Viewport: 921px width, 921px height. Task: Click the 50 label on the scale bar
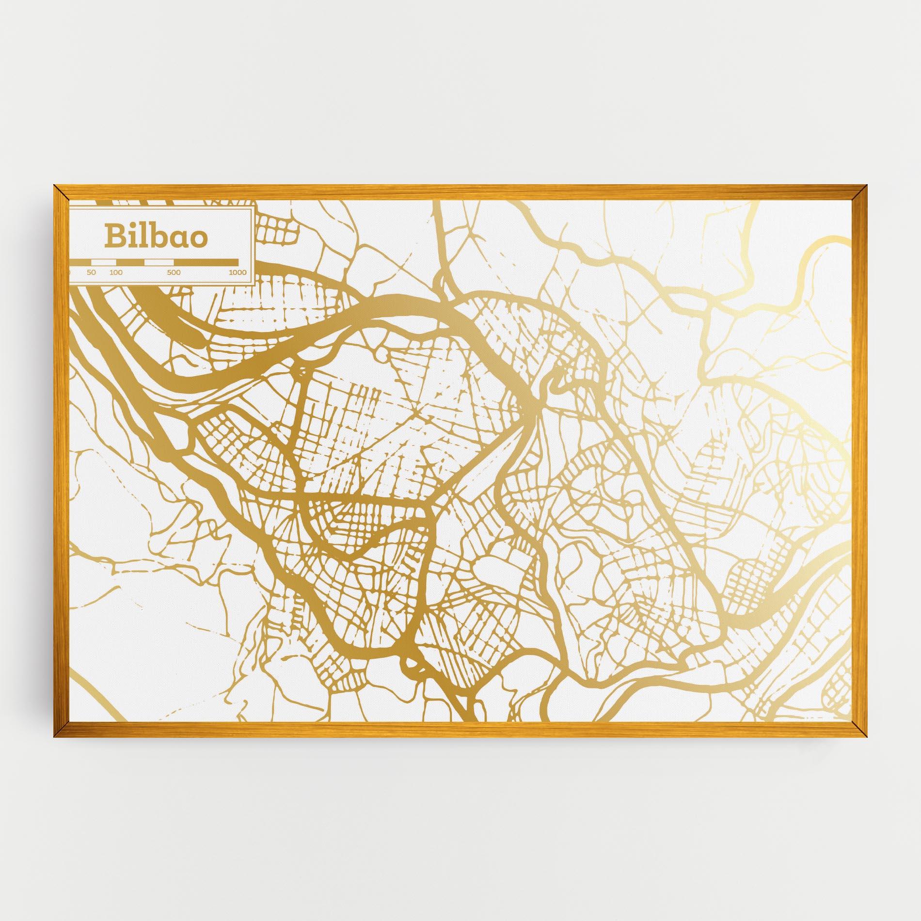point(91,272)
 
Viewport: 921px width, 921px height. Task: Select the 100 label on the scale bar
point(116,272)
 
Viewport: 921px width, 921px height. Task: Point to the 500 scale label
point(174,272)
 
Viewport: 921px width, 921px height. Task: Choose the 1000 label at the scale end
point(238,272)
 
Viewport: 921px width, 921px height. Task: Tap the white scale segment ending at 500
point(159,262)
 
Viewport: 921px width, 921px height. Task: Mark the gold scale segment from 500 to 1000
point(206,262)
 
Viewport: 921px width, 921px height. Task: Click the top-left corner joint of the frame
point(59,190)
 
